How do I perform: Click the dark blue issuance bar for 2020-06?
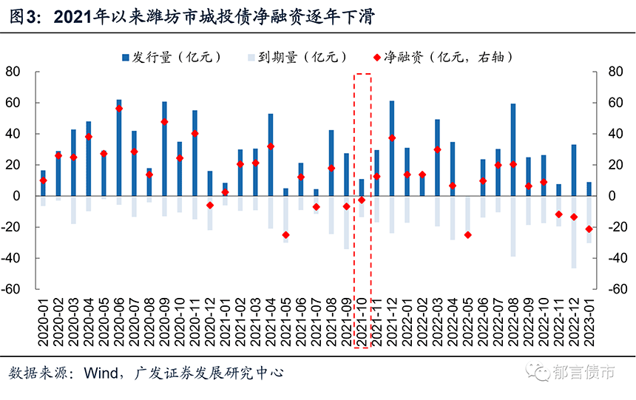119,148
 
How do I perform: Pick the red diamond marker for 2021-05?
285,235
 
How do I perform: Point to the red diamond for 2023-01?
589,229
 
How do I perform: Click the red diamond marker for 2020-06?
119,109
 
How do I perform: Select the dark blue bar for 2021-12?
392,149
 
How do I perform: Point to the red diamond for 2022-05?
467,235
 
